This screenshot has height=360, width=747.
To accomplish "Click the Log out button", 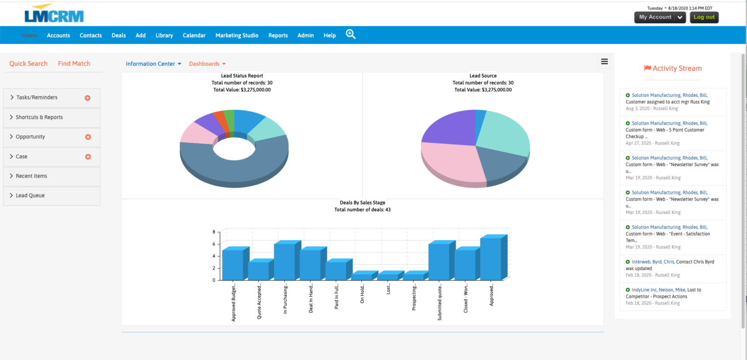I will click(704, 17).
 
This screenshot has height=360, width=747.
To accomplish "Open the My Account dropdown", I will click(660, 17).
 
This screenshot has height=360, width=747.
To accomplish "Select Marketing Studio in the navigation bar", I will click(237, 35).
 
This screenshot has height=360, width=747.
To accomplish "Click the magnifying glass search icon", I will click(351, 34).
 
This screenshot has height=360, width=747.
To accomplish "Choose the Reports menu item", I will click(278, 35).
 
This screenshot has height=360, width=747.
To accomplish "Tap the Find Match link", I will click(74, 64).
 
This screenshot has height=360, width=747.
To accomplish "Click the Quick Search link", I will click(28, 64).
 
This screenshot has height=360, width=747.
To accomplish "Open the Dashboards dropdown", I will click(207, 64).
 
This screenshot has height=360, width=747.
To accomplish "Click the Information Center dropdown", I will click(153, 64).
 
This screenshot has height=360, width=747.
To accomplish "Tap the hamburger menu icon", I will click(604, 62).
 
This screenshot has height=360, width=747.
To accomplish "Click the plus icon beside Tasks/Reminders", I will click(87, 98).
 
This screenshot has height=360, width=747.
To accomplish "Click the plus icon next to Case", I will click(88, 157).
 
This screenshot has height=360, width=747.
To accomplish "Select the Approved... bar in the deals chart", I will click(491, 259).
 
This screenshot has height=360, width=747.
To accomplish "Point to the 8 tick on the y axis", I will click(214, 232).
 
